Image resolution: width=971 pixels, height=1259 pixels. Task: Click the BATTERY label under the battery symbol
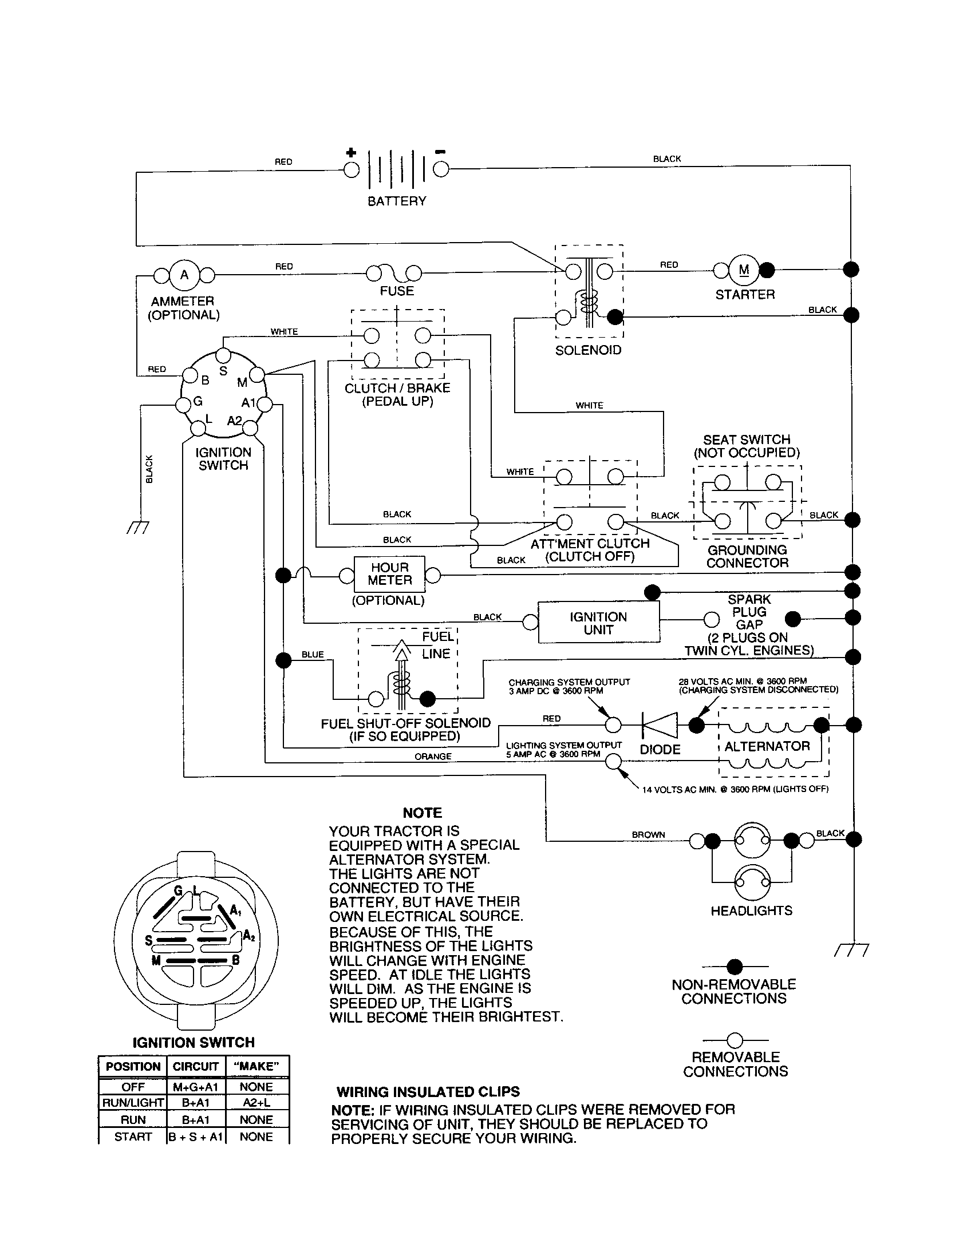[x=397, y=201]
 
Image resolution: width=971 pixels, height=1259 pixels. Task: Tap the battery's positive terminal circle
[x=351, y=169]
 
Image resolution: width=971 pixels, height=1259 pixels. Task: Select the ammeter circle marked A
[x=184, y=275]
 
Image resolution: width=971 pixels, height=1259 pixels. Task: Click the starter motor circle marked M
[x=744, y=270]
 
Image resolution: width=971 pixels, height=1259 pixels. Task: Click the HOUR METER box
[x=389, y=574]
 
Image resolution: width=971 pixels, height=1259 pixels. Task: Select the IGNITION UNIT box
[x=598, y=623]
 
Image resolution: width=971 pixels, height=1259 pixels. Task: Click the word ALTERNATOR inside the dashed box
[x=767, y=746]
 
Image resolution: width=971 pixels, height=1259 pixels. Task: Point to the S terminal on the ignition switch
[x=224, y=356]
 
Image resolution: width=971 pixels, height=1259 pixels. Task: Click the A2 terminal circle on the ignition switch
[x=250, y=428]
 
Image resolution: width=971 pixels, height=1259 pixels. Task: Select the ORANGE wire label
[x=432, y=757]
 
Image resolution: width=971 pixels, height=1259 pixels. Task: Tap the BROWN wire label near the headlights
[x=648, y=835]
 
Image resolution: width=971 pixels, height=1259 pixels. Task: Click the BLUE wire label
[x=313, y=654]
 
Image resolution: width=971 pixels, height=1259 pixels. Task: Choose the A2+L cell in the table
[x=256, y=1102]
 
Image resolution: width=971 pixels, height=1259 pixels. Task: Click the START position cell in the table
[x=133, y=1136]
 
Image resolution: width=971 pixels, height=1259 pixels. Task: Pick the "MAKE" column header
[x=256, y=1067]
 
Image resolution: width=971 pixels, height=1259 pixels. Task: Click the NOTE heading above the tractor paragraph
[x=422, y=813]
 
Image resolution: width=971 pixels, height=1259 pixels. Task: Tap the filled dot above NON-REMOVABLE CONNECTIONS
[x=735, y=967]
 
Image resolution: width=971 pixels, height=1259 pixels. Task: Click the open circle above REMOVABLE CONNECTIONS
[x=735, y=1040]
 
